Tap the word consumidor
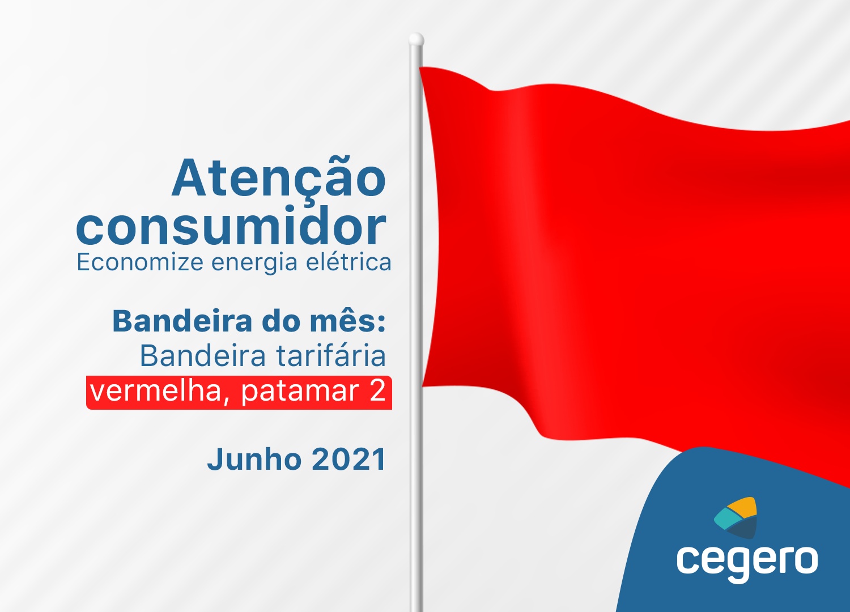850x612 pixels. [x=231, y=226]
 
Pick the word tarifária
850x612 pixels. [x=331, y=356]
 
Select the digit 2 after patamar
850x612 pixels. [x=377, y=390]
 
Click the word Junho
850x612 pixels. [x=254, y=459]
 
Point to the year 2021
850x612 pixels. [x=348, y=460]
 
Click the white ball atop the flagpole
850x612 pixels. [x=416, y=39]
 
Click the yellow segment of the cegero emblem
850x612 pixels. [x=742, y=507]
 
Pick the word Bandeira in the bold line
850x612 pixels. [x=182, y=321]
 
